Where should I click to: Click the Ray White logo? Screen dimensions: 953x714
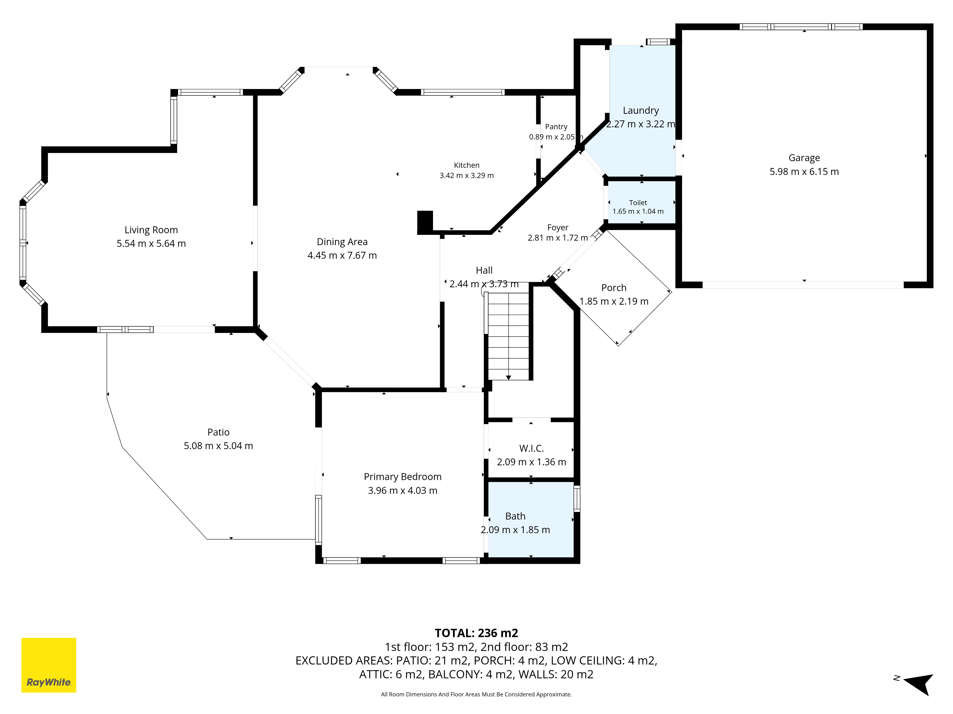pos(49,665)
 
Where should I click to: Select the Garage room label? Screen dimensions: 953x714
pos(804,158)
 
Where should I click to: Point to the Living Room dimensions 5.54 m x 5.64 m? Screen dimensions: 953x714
pos(151,244)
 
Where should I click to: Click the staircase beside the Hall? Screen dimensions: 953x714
pos(508,336)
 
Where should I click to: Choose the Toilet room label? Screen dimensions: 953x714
pos(638,203)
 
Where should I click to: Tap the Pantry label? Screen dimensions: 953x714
pos(556,127)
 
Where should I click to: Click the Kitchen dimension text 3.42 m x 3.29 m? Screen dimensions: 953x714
pos(466,176)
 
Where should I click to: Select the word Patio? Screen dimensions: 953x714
pos(218,432)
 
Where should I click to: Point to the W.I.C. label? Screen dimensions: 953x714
pos(532,448)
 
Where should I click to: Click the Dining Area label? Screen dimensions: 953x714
pos(342,242)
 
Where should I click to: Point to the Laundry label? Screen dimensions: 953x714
pos(641,111)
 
